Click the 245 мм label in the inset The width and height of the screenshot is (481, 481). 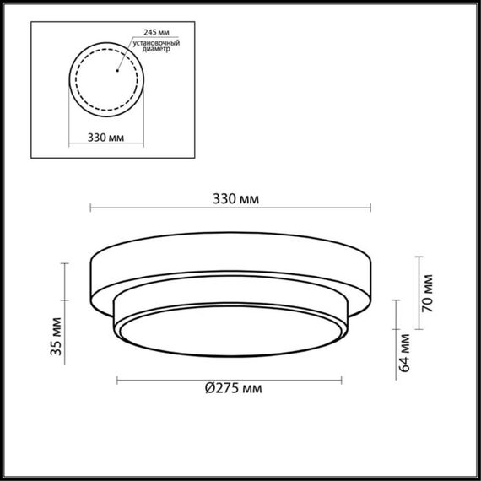pyautogui.click(x=144, y=34)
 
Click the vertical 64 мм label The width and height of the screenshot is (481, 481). pyautogui.click(x=404, y=354)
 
